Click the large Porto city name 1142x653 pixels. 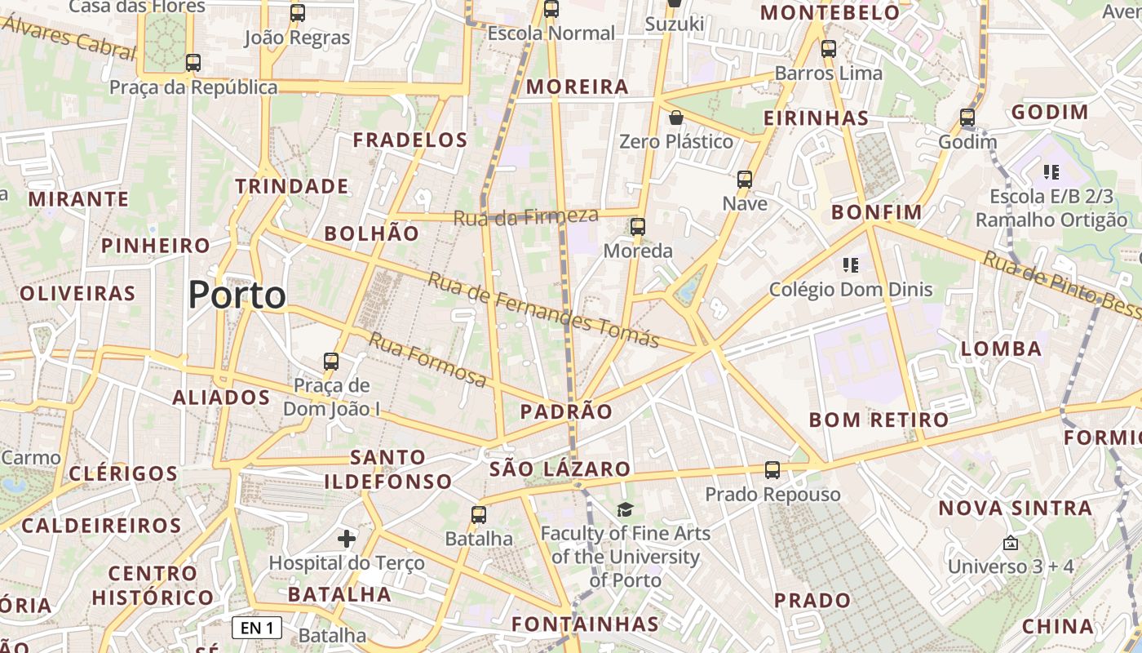coord(237,295)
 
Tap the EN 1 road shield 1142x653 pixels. coord(257,627)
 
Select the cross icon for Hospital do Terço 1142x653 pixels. coord(347,538)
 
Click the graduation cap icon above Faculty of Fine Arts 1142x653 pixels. coord(625,510)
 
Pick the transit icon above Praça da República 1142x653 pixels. coord(193,63)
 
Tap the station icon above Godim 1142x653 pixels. coord(967,118)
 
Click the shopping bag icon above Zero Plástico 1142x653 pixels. coord(675,118)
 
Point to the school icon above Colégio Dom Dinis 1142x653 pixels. coord(851,265)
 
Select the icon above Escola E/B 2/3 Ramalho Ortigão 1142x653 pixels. coord(1051,172)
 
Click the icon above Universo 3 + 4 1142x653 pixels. coord(1011,542)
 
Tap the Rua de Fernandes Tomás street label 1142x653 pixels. coord(543,310)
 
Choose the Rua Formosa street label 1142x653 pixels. coord(427,359)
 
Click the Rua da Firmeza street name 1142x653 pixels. coord(525,217)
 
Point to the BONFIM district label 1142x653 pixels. coord(876,213)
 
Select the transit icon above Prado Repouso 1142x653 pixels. coord(772,470)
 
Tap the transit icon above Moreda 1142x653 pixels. coord(638,227)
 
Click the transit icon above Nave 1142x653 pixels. coord(745,180)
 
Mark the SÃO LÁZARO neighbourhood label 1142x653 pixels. coord(560,469)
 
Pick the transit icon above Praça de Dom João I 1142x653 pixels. coord(331,362)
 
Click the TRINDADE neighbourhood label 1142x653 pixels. coord(292,186)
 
